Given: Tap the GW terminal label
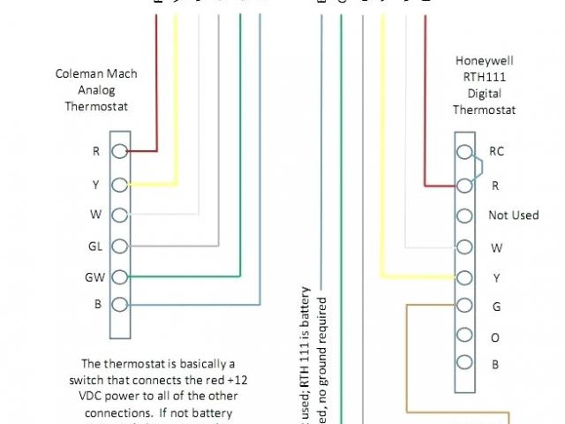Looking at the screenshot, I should click(95, 276).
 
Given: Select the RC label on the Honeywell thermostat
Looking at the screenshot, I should click(496, 151).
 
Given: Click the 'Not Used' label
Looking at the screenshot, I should click(513, 216).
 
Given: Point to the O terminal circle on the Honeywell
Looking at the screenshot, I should click(463, 337).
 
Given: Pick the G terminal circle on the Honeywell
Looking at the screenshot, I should click(463, 306).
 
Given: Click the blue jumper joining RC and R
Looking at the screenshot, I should click(479, 168).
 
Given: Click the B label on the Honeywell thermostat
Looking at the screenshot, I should click(495, 363).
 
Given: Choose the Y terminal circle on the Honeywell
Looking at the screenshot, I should click(463, 276).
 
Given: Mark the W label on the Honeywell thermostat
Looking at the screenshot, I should click(496, 248).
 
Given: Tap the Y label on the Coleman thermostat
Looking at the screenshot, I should click(95, 185).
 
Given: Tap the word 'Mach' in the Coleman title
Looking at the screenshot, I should click(122, 74).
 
